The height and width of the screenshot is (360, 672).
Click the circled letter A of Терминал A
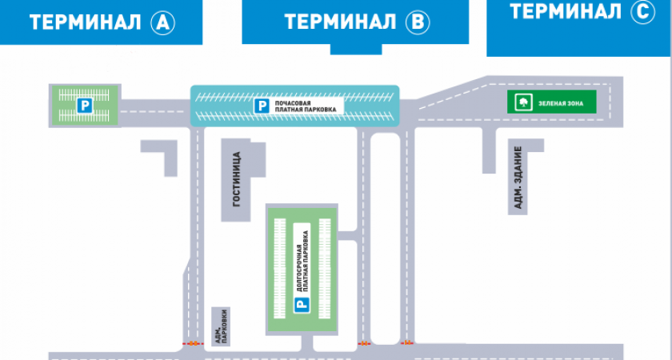click(x=163, y=23)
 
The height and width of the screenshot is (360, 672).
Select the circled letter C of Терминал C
click(x=642, y=11)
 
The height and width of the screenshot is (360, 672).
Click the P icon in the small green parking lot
click(x=82, y=105)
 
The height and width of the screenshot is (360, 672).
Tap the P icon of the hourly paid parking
click(x=260, y=105)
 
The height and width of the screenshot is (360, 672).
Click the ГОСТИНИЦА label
click(x=236, y=180)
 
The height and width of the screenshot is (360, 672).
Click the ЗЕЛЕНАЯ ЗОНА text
click(x=560, y=103)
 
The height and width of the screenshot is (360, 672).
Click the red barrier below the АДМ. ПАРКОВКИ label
click(x=192, y=344)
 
